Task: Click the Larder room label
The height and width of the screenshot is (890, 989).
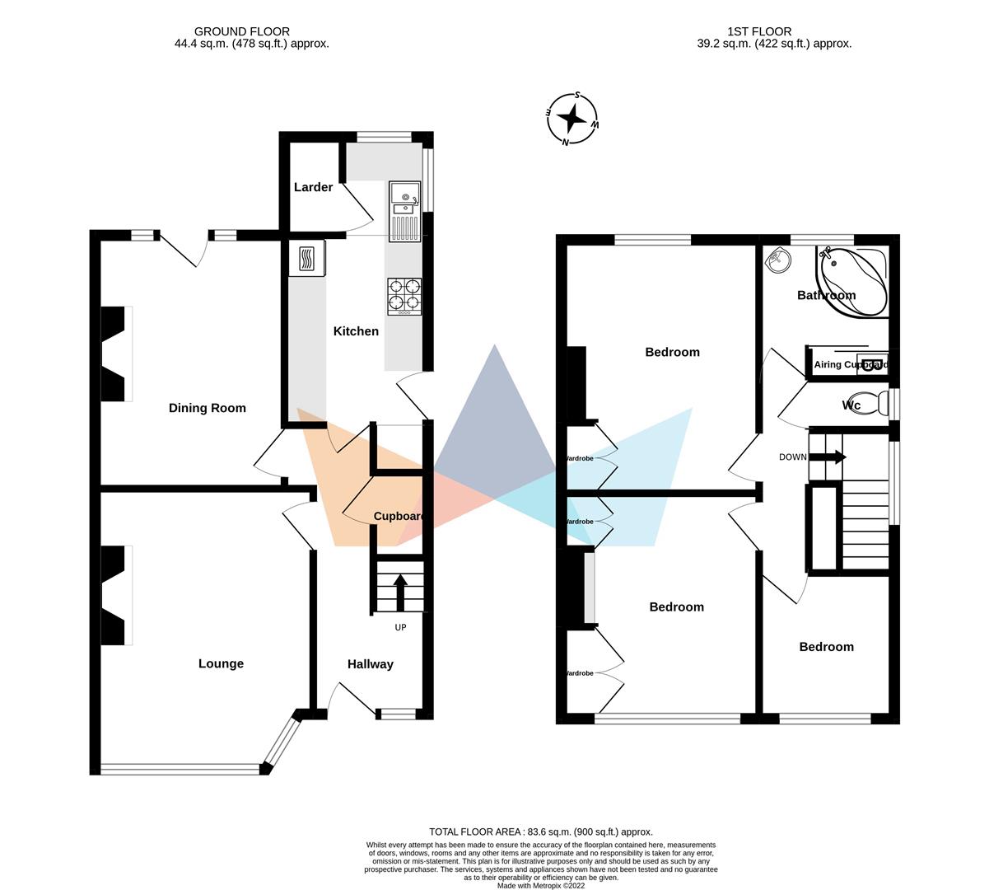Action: click(313, 187)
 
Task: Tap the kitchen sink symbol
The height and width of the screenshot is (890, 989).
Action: click(404, 211)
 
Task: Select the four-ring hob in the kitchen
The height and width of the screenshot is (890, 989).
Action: click(404, 296)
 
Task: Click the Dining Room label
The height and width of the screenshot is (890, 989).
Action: click(207, 408)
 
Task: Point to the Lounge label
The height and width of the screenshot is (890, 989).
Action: click(221, 663)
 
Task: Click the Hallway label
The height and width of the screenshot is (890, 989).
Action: click(370, 664)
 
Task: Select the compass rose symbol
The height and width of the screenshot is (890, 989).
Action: click(572, 119)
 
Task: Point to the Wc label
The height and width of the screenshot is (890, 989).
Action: click(851, 405)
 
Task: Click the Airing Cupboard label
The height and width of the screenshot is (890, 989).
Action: click(851, 364)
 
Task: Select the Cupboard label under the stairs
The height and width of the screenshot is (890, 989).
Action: click(399, 517)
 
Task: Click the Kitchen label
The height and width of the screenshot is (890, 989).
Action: click(356, 331)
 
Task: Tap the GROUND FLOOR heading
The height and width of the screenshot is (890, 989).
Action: click(242, 31)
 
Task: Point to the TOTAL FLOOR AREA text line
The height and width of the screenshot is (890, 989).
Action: click(540, 831)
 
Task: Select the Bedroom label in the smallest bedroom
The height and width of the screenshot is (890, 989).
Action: click(826, 647)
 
